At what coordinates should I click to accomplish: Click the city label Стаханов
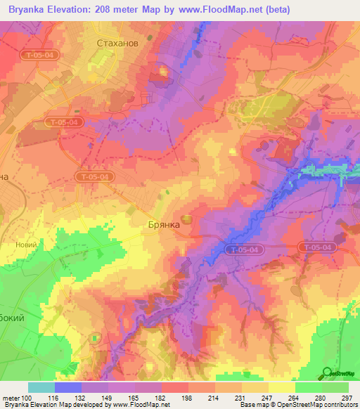coord(117,43)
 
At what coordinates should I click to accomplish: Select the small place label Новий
coord(25,245)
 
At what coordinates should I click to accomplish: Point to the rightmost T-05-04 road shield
coord(316,247)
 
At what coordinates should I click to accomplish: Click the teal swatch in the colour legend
coord(41,387)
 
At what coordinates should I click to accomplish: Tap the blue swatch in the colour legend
coord(68,387)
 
